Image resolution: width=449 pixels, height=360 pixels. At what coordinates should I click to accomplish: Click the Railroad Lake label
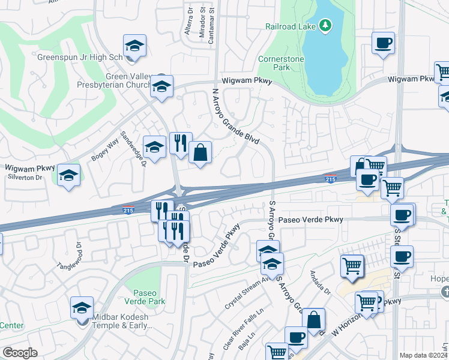(291, 26)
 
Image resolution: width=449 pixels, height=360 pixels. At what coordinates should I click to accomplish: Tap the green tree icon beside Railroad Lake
(325, 25)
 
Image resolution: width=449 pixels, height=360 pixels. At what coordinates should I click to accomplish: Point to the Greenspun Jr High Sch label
(88, 58)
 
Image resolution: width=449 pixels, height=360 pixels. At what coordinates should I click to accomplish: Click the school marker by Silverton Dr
(68, 175)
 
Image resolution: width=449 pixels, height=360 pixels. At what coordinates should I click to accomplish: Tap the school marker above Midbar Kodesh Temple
(82, 308)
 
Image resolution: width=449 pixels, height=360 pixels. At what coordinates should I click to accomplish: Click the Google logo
(19, 353)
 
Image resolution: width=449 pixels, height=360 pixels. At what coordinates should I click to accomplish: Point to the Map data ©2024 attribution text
(423, 355)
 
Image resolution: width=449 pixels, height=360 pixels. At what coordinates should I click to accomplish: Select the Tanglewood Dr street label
(71, 256)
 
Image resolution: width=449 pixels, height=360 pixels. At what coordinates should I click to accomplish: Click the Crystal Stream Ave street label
(247, 287)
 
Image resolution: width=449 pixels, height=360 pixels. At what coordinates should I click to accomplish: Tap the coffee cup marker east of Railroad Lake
(383, 43)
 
